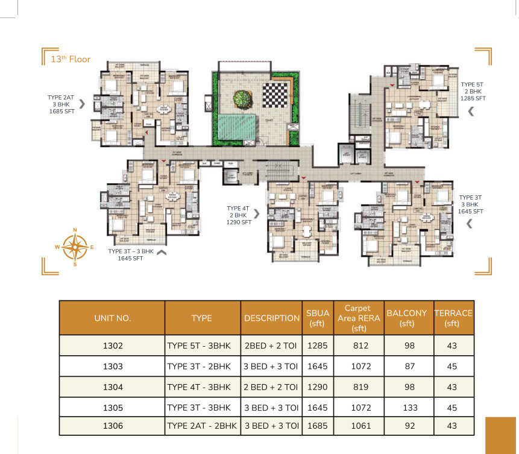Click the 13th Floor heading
pos(71,59)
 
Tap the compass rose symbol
pos(75,247)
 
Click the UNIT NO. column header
pos(112,318)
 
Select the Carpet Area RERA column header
pos(359,318)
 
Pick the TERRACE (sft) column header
pos(453,318)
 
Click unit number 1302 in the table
pos(112,345)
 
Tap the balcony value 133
pos(410,407)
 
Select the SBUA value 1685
pos(317,426)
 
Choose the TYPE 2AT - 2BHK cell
pos(202,426)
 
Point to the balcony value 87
pos(410,366)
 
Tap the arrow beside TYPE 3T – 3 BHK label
pos(161,253)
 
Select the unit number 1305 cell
pos(112,407)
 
